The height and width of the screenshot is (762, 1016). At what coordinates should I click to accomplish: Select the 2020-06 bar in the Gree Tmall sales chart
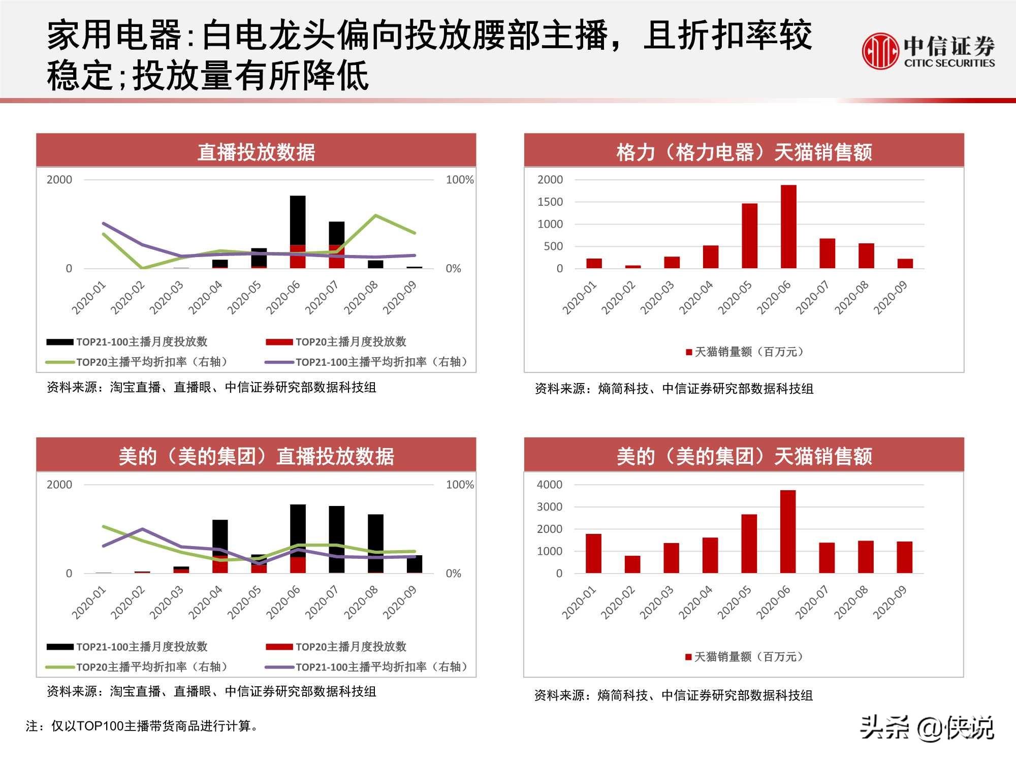(788, 227)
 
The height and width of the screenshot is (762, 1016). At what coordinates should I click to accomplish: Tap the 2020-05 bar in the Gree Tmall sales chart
(749, 236)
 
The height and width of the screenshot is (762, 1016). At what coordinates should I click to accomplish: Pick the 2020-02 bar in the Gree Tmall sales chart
(633, 266)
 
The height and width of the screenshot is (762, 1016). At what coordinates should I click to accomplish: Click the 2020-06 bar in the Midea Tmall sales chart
(787, 531)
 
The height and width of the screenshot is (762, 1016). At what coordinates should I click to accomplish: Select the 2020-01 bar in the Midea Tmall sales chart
(593, 553)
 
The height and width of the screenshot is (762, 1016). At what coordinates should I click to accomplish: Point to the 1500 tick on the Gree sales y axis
(550, 202)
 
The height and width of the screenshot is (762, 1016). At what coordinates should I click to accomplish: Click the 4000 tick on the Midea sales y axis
(550, 485)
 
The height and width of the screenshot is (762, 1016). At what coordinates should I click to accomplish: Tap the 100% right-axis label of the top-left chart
(459, 180)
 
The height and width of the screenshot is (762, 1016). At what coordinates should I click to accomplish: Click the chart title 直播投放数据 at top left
(256, 152)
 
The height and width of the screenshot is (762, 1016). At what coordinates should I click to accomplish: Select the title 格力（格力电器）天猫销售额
(744, 152)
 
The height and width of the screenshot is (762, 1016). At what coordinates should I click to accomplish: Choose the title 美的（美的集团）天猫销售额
(744, 456)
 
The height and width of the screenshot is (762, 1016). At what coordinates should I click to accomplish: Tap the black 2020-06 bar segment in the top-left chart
(298, 220)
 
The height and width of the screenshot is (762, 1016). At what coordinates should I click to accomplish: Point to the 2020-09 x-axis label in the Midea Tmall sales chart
(891, 602)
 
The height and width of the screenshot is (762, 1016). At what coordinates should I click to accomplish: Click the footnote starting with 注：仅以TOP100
(142, 726)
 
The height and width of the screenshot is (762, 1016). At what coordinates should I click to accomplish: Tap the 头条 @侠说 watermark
(927, 728)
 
